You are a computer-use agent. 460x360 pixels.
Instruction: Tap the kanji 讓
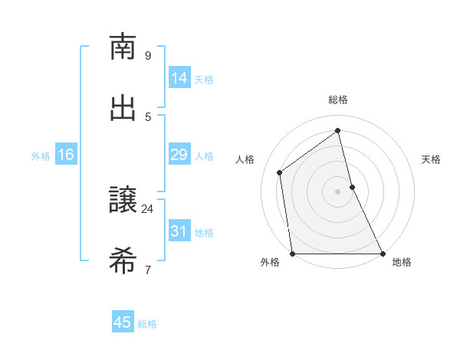123,201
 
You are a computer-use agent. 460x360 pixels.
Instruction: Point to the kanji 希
123,261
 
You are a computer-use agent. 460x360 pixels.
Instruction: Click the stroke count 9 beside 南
148,55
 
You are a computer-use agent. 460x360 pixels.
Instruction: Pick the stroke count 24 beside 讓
148,208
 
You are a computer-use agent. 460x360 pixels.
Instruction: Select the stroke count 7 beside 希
148,270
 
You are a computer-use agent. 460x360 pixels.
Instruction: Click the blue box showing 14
179,78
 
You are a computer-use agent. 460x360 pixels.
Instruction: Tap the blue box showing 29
179,155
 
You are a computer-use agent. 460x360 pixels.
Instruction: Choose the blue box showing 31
179,231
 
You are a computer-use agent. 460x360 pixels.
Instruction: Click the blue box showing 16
66,155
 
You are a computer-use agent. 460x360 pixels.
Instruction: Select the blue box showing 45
123,322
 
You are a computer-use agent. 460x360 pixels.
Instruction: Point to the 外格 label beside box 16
41,155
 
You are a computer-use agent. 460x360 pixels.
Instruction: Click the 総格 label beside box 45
147,323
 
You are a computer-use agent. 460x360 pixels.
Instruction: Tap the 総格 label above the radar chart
338,100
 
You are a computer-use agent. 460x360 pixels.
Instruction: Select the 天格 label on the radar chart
431,159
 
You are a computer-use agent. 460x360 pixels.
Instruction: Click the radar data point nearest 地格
383,254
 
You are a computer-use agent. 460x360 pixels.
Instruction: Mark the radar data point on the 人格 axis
280,172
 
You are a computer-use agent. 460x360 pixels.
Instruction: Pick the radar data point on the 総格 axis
338,130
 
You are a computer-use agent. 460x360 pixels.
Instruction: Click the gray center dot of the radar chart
338,191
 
